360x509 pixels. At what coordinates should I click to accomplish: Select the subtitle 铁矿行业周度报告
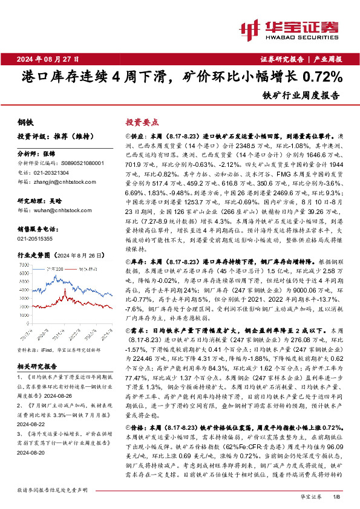click(301, 96)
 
